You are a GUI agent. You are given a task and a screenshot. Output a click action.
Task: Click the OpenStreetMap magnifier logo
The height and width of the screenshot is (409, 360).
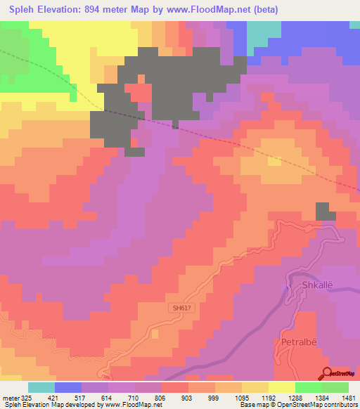coord(328,374)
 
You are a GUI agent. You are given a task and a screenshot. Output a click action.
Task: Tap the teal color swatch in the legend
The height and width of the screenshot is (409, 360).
coord(41,387)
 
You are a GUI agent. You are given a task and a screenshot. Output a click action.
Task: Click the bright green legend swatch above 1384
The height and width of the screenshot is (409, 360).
coord(309,387)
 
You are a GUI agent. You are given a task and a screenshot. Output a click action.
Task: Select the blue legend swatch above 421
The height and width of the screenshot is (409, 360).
coord(68,387)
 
